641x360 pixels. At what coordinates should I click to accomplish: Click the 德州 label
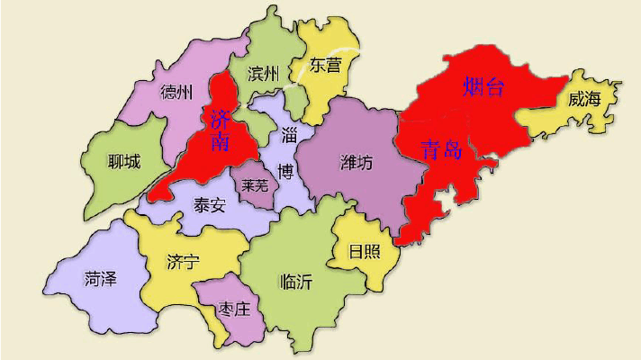pyautogui.click(x=176, y=92)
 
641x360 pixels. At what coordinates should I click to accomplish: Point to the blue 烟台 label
pyautogui.click(x=483, y=87)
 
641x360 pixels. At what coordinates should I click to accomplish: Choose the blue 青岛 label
pyautogui.click(x=441, y=149)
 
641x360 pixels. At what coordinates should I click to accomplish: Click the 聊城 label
pyautogui.click(x=123, y=162)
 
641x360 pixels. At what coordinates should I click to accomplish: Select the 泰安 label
pyautogui.click(x=210, y=204)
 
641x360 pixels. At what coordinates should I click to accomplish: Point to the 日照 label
pyautogui.click(x=363, y=251)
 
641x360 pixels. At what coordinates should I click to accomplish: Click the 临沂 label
pyautogui.click(x=296, y=282)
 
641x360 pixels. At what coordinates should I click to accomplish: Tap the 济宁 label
pyautogui.click(x=183, y=262)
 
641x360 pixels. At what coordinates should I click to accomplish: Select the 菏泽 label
pyautogui.click(x=100, y=278)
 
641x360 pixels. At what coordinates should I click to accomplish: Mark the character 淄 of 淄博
pyautogui.click(x=289, y=137)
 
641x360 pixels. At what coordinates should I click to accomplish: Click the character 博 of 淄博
pyautogui.click(x=285, y=170)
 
